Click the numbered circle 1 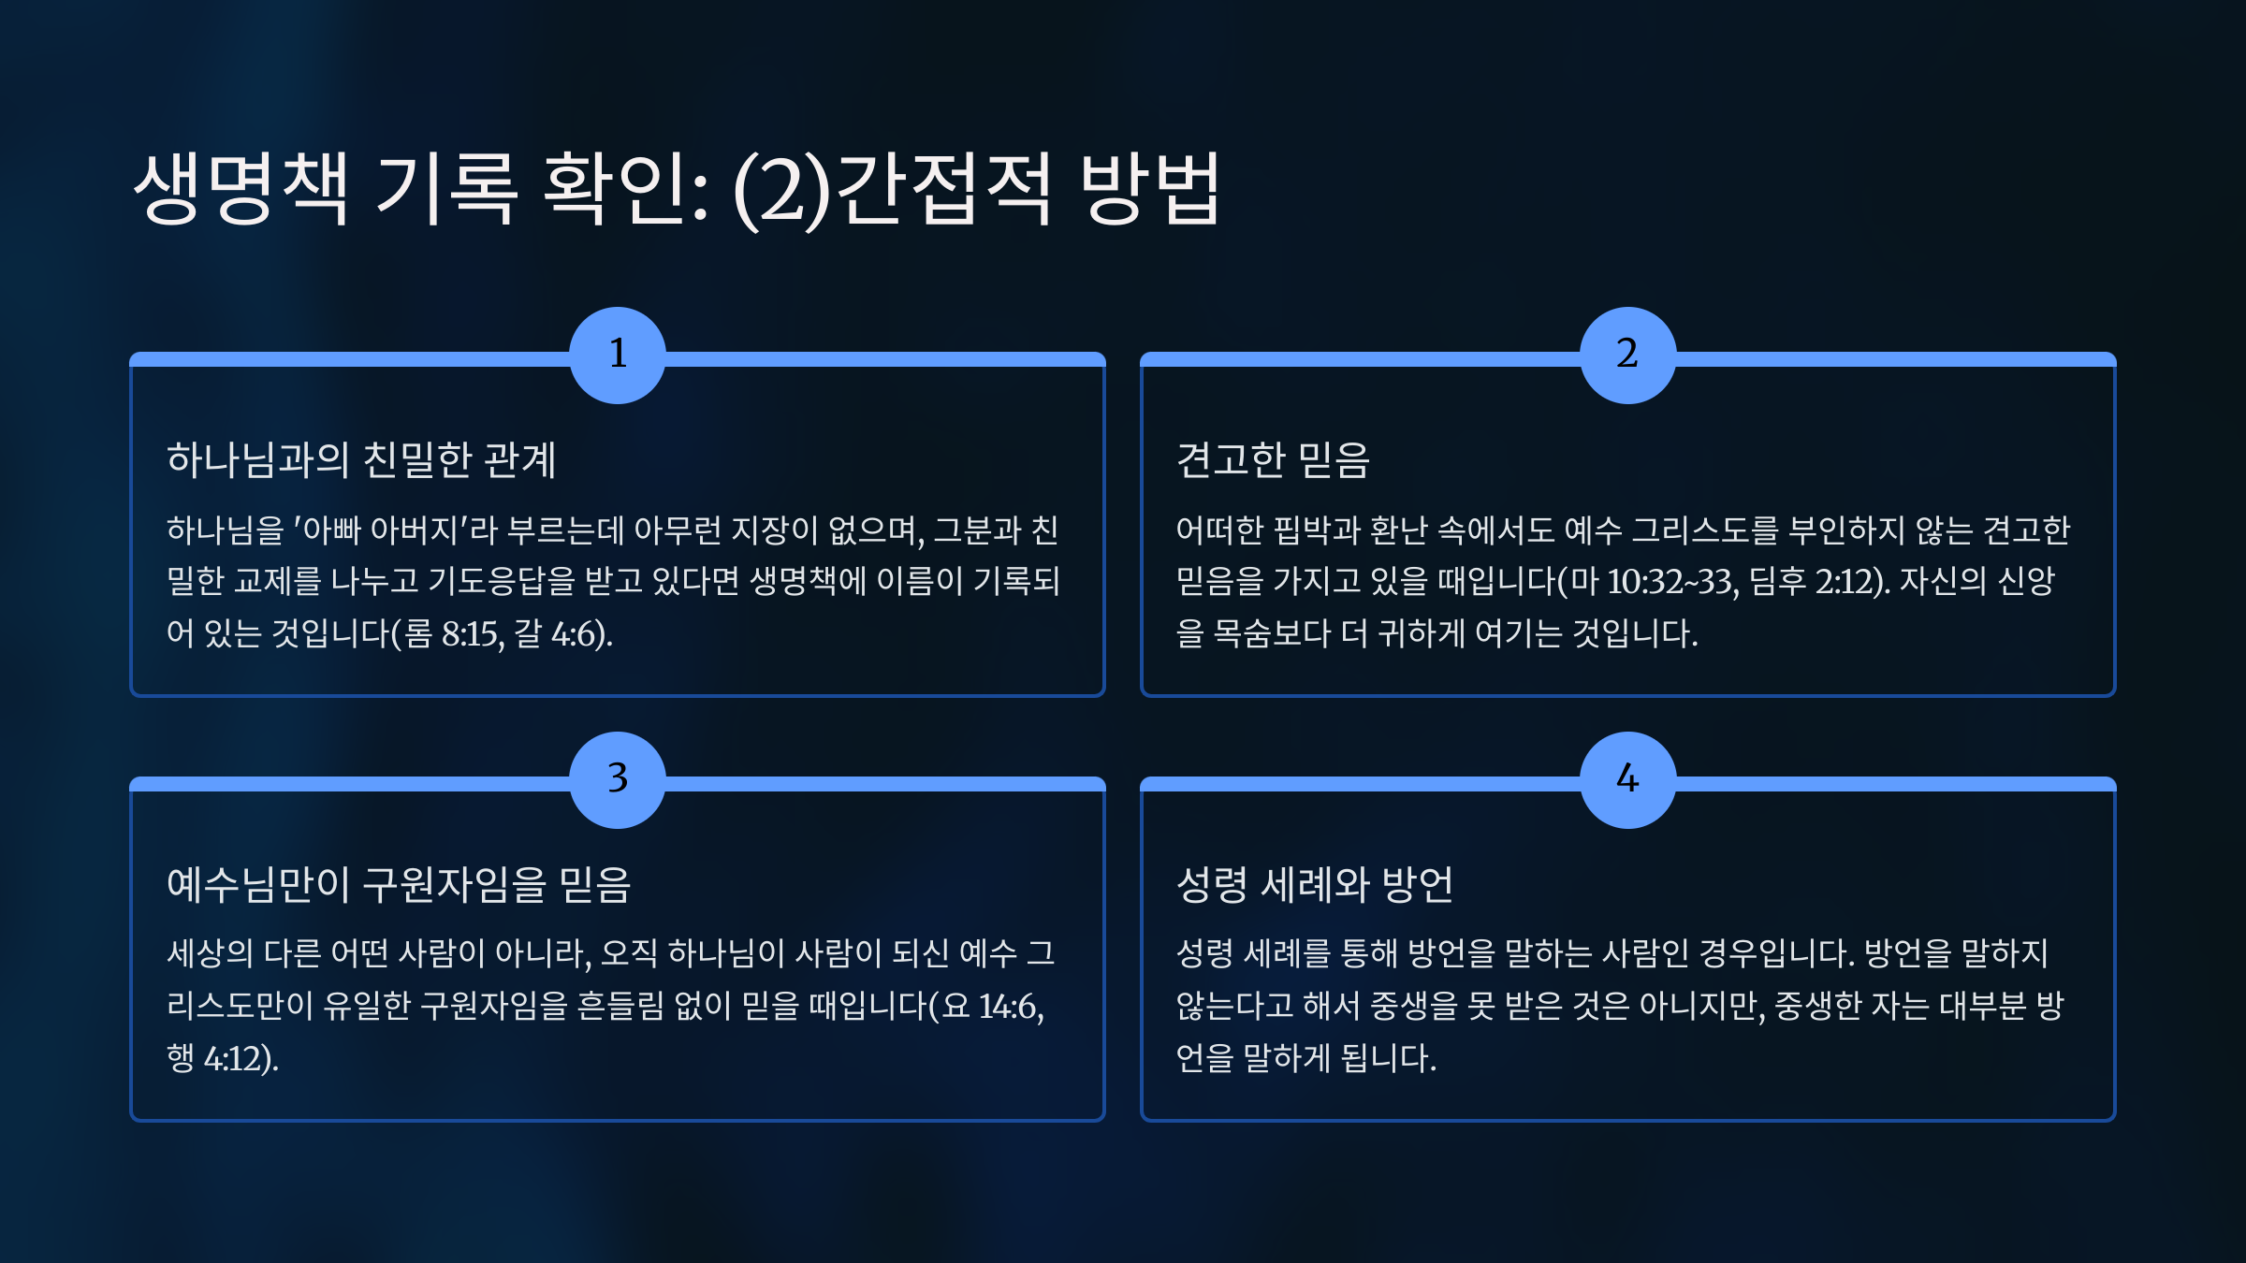tap(618, 356)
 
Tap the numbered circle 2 tap(1628, 356)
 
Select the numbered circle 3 tap(618, 780)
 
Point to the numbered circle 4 tap(1628, 780)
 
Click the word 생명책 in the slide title tap(241, 188)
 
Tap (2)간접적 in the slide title tap(893, 190)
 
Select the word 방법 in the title tap(1151, 188)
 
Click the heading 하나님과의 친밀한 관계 tap(361, 459)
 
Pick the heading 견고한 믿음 tap(1273, 459)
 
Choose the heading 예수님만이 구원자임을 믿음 tap(400, 884)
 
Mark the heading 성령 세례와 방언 tap(1315, 884)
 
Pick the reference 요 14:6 tap(993, 1007)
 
